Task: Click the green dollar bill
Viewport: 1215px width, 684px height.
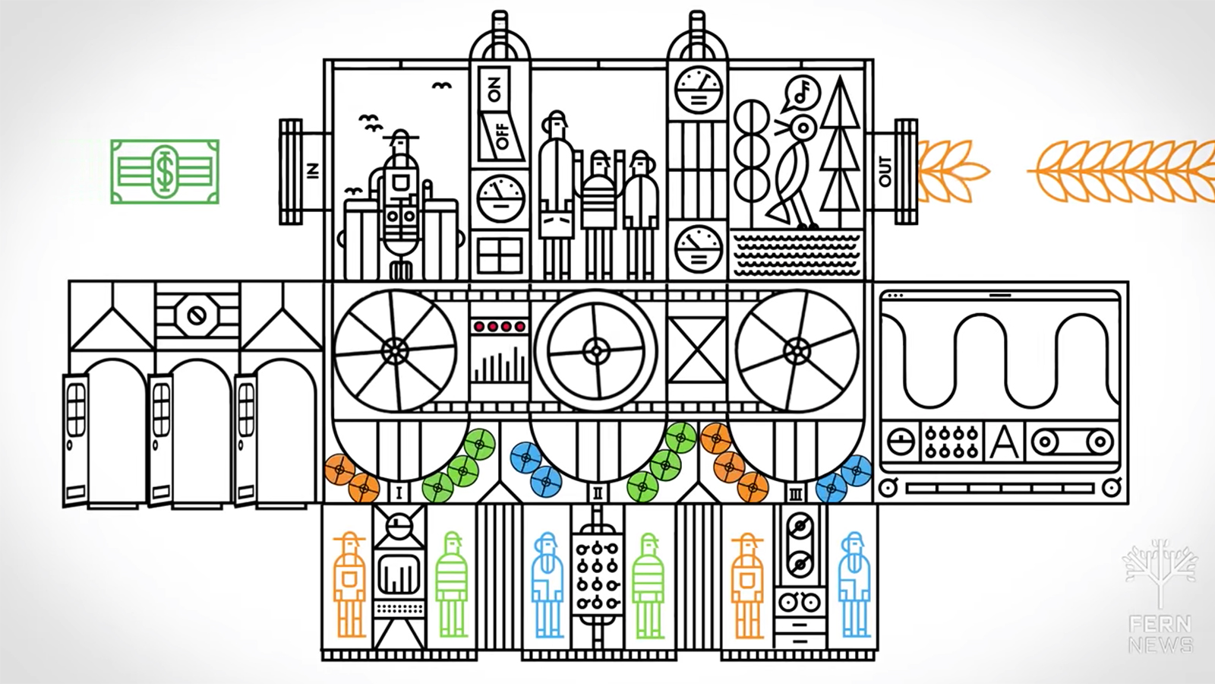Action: (165, 171)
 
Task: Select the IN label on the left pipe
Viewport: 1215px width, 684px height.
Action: (312, 172)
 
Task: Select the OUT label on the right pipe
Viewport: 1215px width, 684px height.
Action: (885, 172)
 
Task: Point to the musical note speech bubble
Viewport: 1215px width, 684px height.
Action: (797, 92)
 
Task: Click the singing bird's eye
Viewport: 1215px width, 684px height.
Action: (803, 126)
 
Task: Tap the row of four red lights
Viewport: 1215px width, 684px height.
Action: (499, 327)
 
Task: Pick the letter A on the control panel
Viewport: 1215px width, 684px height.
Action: (1004, 442)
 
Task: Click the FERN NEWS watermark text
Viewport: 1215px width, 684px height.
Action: (1160, 635)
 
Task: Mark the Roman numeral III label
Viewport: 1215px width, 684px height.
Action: (796, 494)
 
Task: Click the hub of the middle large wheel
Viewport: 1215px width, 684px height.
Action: (596, 350)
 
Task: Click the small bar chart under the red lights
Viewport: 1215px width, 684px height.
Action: (499, 365)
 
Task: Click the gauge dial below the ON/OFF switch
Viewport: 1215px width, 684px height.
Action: (500, 198)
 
